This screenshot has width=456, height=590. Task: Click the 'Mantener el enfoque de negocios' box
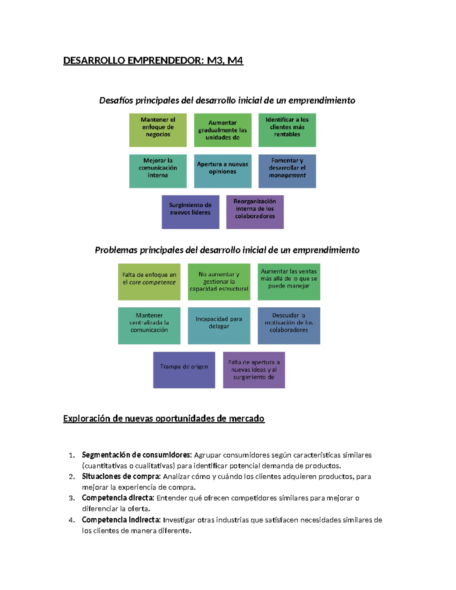158,130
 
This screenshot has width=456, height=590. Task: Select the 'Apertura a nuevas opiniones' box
223,171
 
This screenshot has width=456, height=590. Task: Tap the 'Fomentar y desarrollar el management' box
287,171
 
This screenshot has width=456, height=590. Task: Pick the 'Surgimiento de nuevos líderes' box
190,212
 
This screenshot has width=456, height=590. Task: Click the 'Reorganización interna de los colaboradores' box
255,212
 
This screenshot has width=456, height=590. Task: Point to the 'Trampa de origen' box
184,370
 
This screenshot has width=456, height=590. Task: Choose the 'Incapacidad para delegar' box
219,326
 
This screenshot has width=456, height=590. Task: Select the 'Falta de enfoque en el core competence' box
149,282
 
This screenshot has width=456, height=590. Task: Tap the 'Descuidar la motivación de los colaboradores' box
289,326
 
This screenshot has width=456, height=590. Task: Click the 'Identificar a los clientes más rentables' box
287,130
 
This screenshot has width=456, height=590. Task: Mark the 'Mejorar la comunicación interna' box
158,171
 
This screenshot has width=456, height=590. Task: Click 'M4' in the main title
235,61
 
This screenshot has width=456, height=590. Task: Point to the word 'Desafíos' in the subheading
116,100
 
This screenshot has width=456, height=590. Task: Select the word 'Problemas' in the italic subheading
116,250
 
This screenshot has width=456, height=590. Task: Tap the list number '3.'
72,498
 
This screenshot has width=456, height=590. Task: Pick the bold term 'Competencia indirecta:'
121,520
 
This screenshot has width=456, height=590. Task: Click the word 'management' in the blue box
287,175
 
